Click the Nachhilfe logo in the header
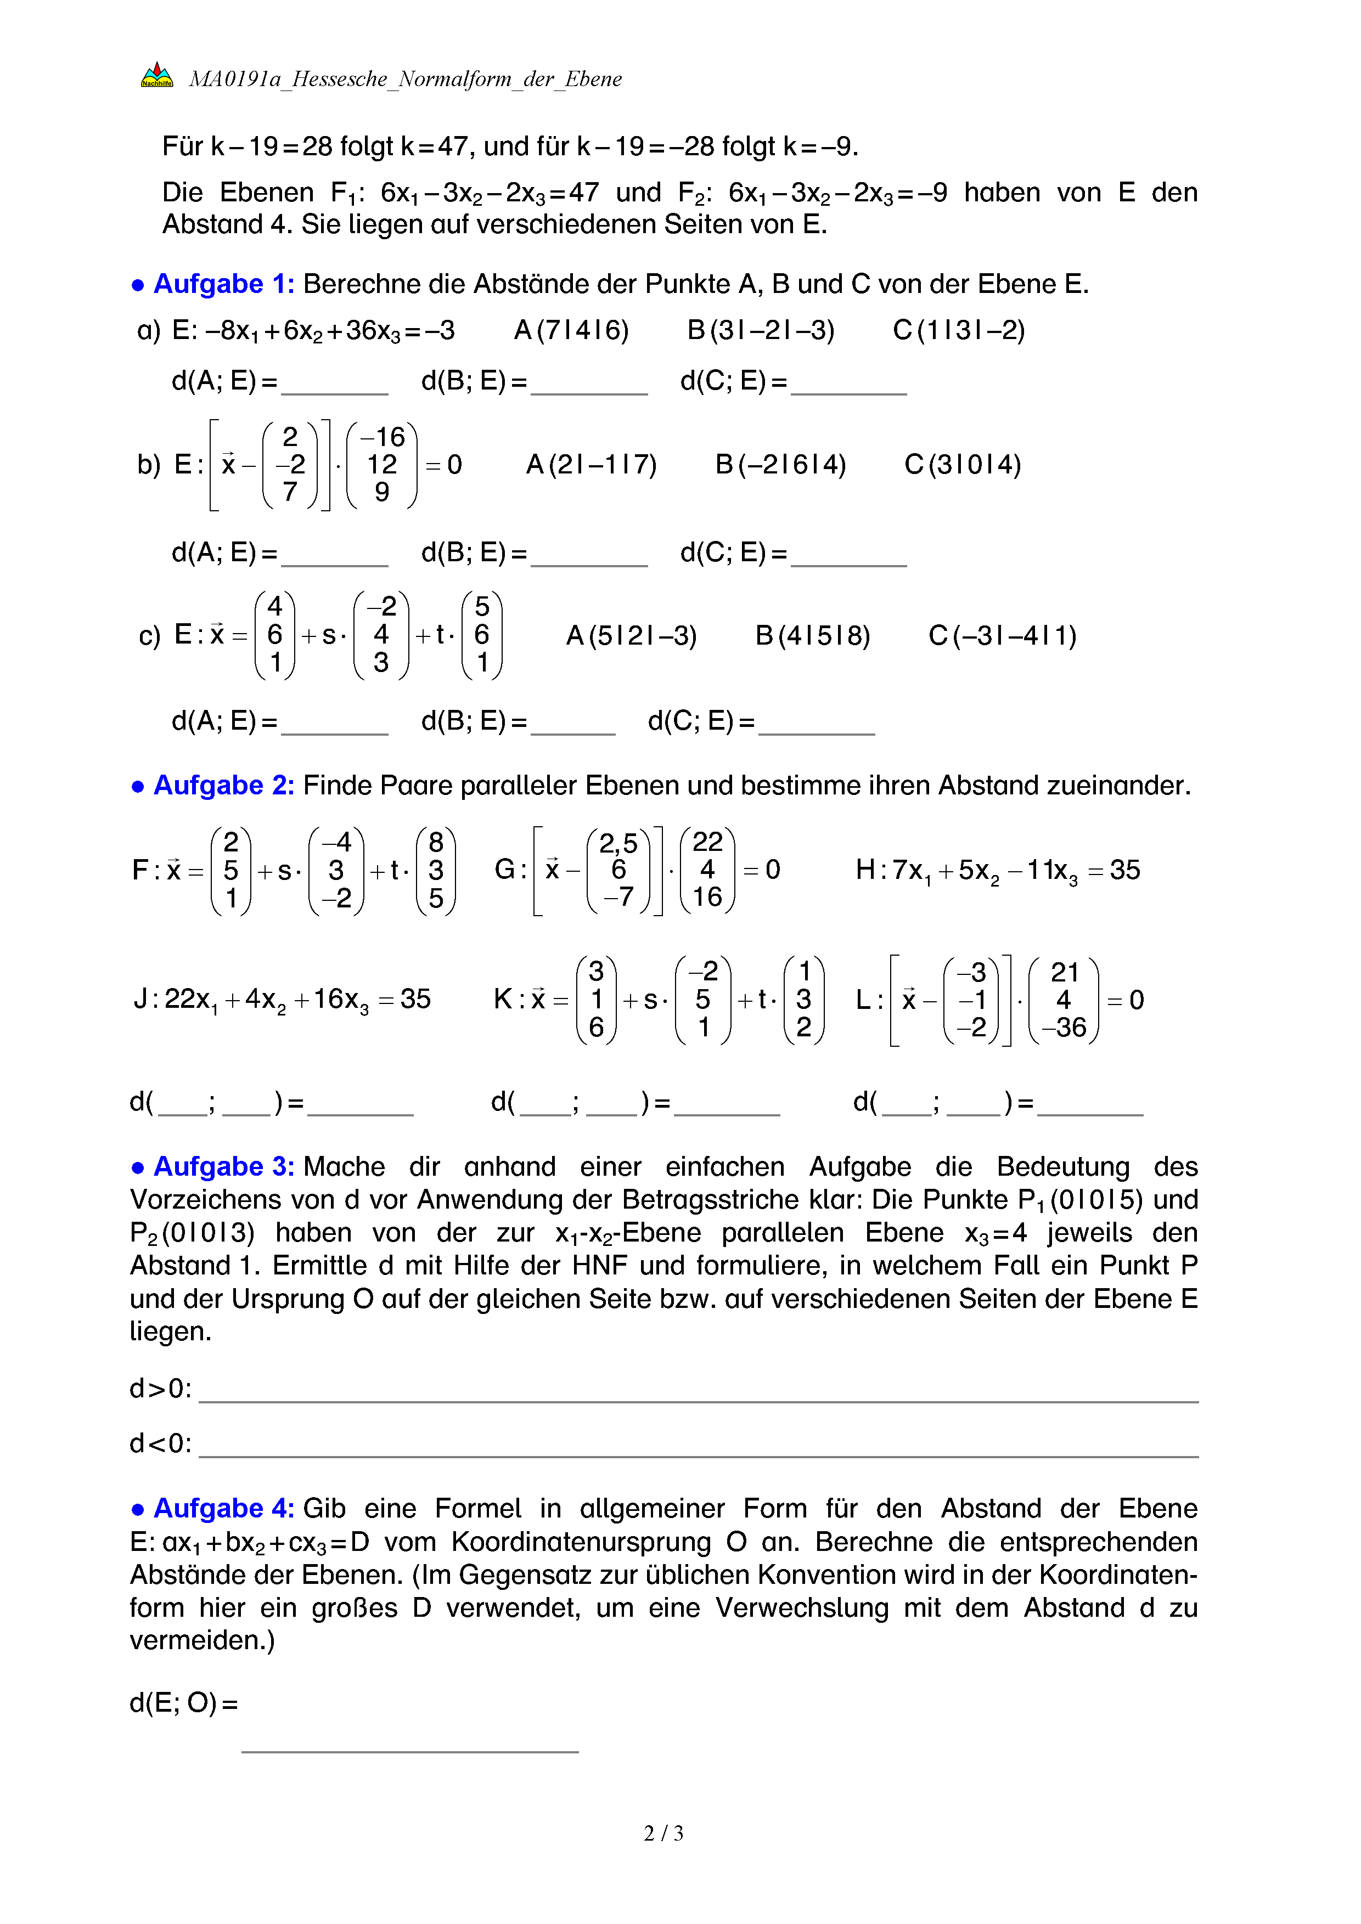point(157,75)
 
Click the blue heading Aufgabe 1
point(223,284)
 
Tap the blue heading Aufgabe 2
point(223,785)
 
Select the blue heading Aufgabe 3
point(223,1166)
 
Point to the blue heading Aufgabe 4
point(223,1508)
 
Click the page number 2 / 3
point(663,1833)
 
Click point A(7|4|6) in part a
point(571,330)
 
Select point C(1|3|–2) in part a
point(959,330)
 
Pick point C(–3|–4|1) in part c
point(1002,636)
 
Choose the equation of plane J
point(283,1000)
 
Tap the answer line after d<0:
point(698,1448)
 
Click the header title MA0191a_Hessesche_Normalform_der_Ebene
point(406,79)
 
